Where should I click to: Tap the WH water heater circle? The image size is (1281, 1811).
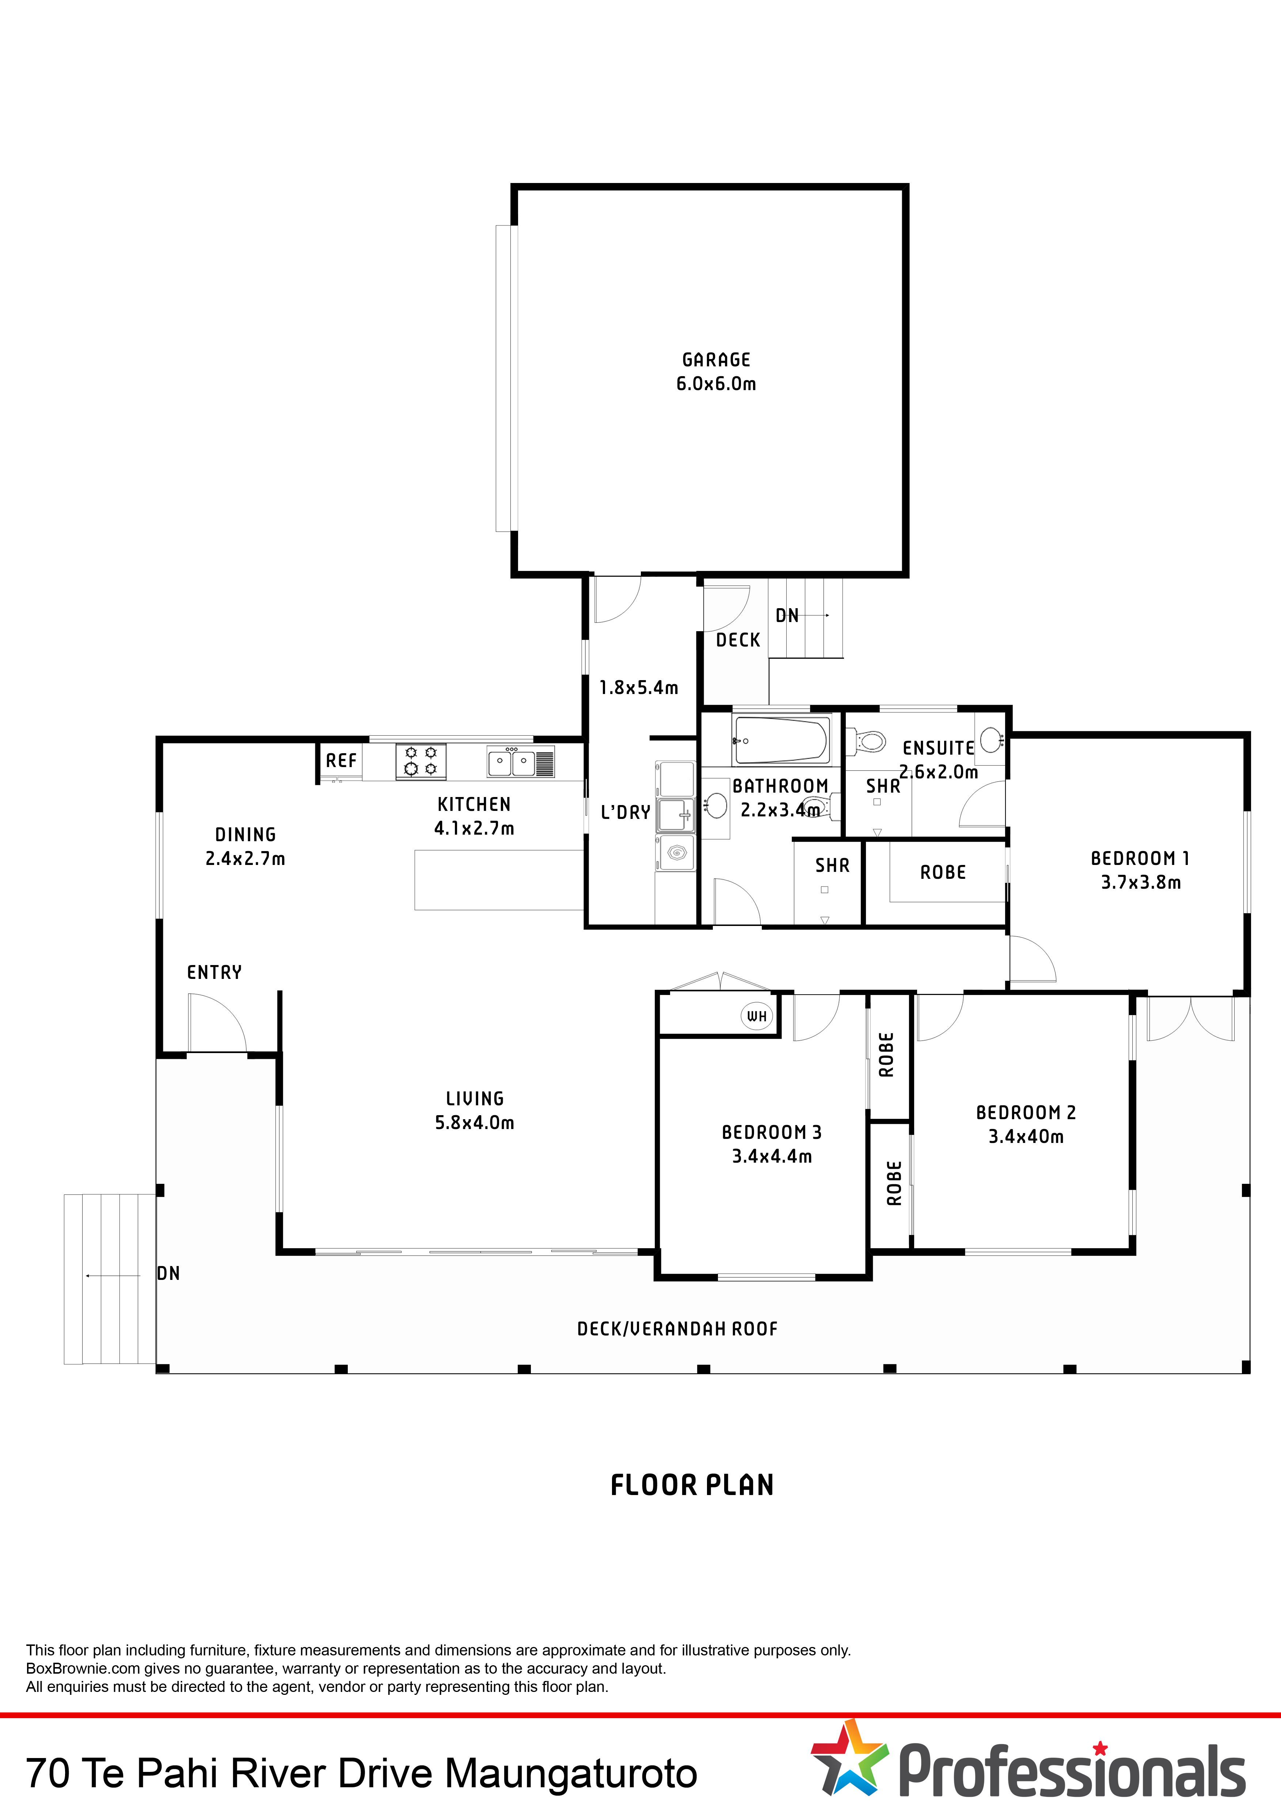click(756, 1016)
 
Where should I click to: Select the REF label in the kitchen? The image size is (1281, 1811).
click(341, 760)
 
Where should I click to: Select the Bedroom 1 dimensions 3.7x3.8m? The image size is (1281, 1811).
click(1141, 882)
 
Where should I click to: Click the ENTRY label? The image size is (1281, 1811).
click(214, 973)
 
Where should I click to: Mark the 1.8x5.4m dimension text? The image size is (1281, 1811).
click(639, 688)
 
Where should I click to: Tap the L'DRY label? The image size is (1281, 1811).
click(626, 812)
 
